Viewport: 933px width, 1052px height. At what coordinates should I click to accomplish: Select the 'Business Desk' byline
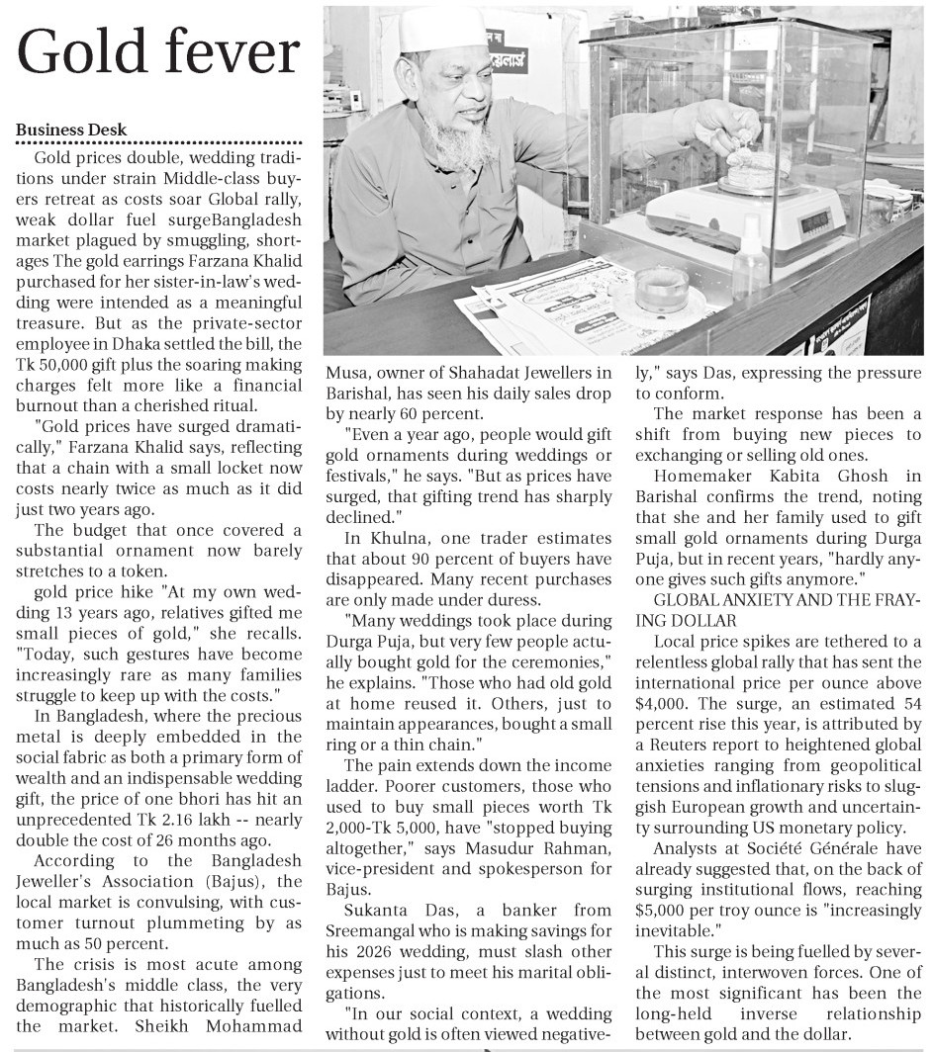pos(71,131)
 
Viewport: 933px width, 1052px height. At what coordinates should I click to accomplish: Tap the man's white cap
pos(442,30)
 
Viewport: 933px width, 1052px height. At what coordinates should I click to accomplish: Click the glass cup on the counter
pos(662,287)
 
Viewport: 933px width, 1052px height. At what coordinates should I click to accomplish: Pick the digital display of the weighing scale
pos(800,224)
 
